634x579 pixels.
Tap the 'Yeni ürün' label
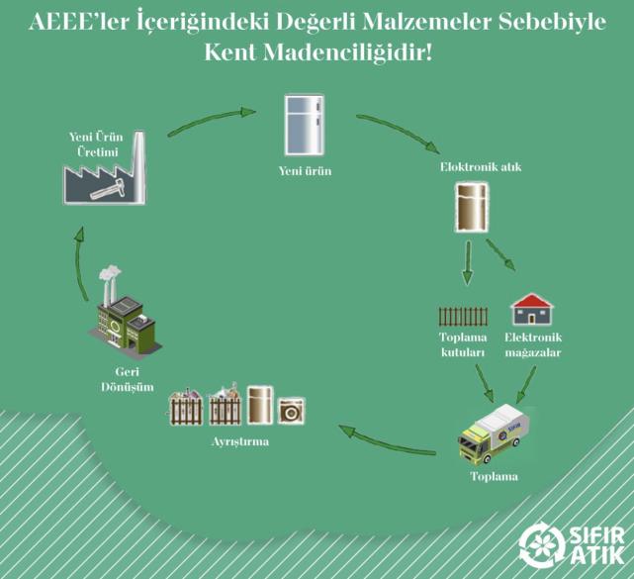(x=305, y=171)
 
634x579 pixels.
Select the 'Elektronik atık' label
(x=473, y=167)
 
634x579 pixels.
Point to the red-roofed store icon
(x=531, y=311)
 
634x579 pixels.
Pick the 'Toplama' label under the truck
(x=494, y=476)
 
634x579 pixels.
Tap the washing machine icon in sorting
(x=292, y=410)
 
